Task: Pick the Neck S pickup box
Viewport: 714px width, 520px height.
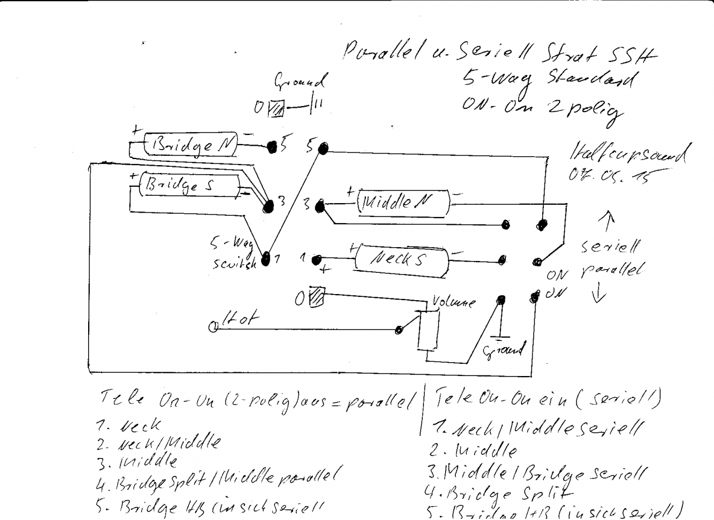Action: click(401, 259)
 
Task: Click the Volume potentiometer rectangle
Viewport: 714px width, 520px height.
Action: click(427, 330)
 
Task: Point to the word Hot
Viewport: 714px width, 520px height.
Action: click(240, 319)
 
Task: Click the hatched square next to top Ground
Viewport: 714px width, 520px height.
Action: click(277, 107)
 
